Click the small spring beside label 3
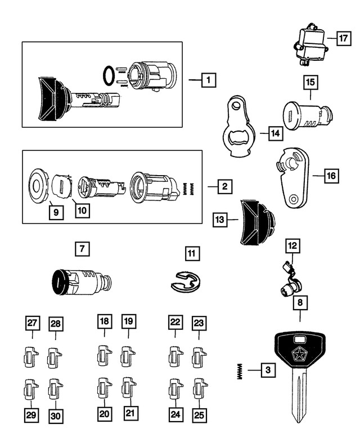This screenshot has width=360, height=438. (x=241, y=370)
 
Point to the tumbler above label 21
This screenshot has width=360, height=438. (x=128, y=388)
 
